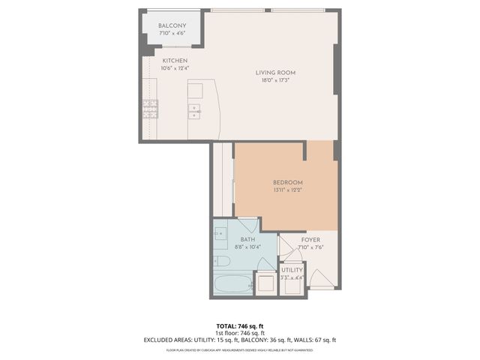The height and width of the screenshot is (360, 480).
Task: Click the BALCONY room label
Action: (x=172, y=25)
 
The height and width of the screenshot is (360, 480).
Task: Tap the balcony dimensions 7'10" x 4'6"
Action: (x=172, y=34)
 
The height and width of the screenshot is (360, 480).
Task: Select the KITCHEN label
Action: (x=175, y=61)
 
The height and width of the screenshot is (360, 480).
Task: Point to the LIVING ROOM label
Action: (x=275, y=73)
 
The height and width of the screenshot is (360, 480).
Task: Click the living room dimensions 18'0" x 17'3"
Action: (x=275, y=80)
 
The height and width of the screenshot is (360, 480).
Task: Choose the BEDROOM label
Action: (x=287, y=183)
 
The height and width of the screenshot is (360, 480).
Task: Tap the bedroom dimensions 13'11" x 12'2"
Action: (x=287, y=190)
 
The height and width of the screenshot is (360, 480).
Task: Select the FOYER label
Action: (x=310, y=240)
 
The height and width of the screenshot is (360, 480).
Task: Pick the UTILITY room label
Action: (x=292, y=270)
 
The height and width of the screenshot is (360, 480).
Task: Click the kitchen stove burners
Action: (x=151, y=109)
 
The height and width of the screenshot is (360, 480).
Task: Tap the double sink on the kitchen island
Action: (x=195, y=112)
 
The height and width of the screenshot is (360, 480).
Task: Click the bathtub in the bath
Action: (x=232, y=283)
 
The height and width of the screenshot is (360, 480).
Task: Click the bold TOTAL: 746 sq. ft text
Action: (x=239, y=325)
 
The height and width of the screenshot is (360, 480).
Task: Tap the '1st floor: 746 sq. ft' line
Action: (x=239, y=332)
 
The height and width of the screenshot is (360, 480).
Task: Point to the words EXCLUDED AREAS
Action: (x=169, y=340)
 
